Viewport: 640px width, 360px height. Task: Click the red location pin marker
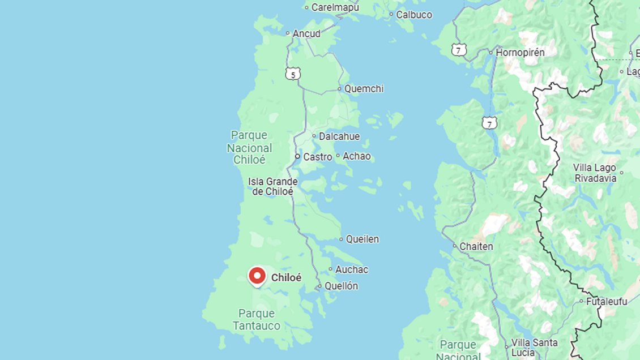[257, 276]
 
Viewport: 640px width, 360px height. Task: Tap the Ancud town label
[306, 33]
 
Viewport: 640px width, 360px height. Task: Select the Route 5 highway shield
[292, 74]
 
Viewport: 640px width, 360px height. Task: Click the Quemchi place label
[364, 89]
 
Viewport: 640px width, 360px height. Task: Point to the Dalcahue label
[339, 136]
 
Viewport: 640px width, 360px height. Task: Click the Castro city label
[317, 157]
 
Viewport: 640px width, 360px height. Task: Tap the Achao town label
[357, 156]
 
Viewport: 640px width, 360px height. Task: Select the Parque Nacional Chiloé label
[249, 147]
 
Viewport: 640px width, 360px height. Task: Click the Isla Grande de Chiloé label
[272, 187]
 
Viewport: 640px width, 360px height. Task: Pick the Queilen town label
[362, 239]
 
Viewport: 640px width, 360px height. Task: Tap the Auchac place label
[351, 269]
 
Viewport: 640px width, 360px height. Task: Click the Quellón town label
[342, 286]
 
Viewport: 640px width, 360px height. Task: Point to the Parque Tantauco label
[257, 320]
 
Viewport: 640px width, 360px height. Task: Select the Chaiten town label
[476, 247]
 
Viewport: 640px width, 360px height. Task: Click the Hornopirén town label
[519, 52]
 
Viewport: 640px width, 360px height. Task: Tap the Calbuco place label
[413, 15]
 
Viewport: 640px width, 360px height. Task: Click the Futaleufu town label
[607, 302]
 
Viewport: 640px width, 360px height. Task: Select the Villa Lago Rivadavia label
[595, 173]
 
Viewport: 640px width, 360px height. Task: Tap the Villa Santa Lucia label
[534, 347]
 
